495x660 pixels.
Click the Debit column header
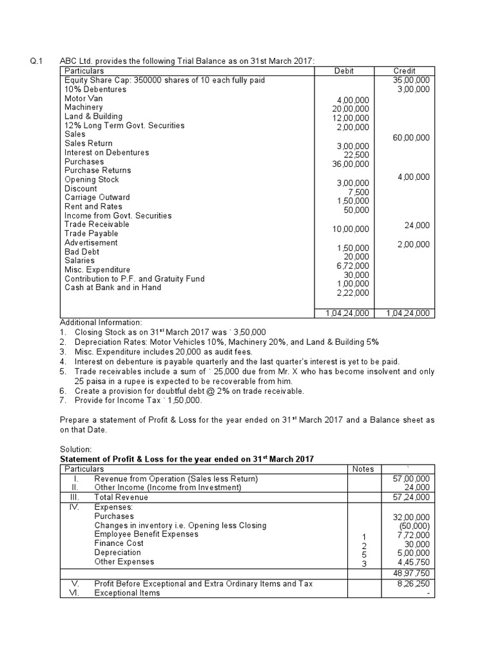point(344,71)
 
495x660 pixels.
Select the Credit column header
point(404,71)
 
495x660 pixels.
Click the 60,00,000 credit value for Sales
point(411,137)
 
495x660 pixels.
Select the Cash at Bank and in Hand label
point(113,287)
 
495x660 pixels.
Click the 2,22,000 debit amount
point(353,293)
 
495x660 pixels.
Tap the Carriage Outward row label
point(97,197)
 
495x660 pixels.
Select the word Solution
point(76,448)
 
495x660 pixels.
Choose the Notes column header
point(363,469)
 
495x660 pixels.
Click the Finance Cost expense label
point(119,543)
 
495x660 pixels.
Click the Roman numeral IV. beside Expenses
point(75,507)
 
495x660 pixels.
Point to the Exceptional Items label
point(127,592)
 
